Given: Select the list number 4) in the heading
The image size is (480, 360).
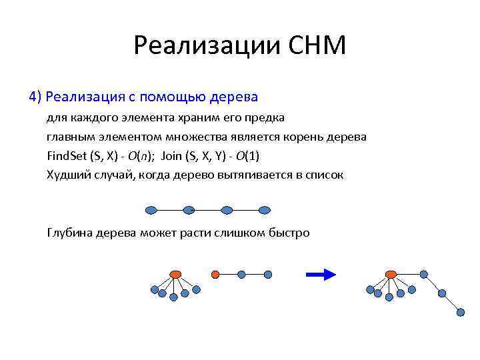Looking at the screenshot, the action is click(35, 97).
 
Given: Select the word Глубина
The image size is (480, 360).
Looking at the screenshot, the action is click(70, 233).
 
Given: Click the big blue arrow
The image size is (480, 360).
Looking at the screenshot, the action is click(319, 274).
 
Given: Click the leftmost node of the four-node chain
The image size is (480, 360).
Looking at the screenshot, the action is click(151, 209).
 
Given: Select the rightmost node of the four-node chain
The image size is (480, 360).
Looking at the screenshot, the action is click(265, 209).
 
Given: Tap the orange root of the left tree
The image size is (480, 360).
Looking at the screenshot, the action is click(175, 274).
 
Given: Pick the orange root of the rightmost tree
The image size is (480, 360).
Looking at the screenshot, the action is click(391, 274).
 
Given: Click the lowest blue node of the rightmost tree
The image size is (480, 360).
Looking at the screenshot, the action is click(461, 311).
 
